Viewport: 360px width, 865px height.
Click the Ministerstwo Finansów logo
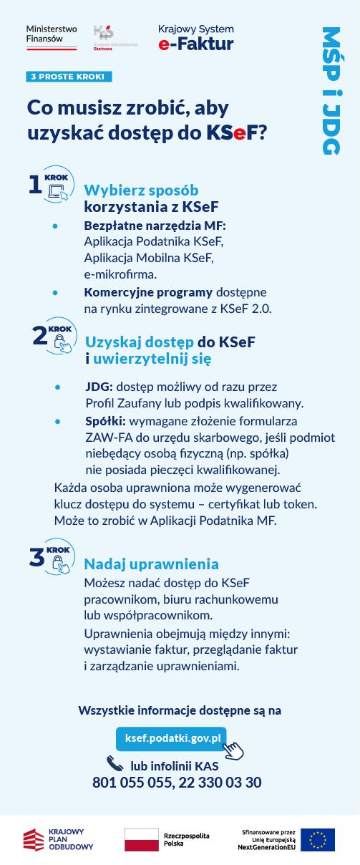51,37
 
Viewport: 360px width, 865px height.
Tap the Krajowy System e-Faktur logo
195,38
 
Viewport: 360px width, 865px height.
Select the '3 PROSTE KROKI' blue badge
69,77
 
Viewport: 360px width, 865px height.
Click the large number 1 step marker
35,185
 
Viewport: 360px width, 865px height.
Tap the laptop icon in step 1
57,192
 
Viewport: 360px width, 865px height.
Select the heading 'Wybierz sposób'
141,190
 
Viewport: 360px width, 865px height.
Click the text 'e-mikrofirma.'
120,274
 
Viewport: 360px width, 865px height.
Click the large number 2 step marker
40,334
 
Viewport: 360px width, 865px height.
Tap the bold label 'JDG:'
99,387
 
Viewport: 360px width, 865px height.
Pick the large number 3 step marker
37,557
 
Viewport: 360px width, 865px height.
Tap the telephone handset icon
115,764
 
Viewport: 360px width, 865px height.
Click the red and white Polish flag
141,840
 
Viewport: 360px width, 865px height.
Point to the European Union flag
317,839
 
